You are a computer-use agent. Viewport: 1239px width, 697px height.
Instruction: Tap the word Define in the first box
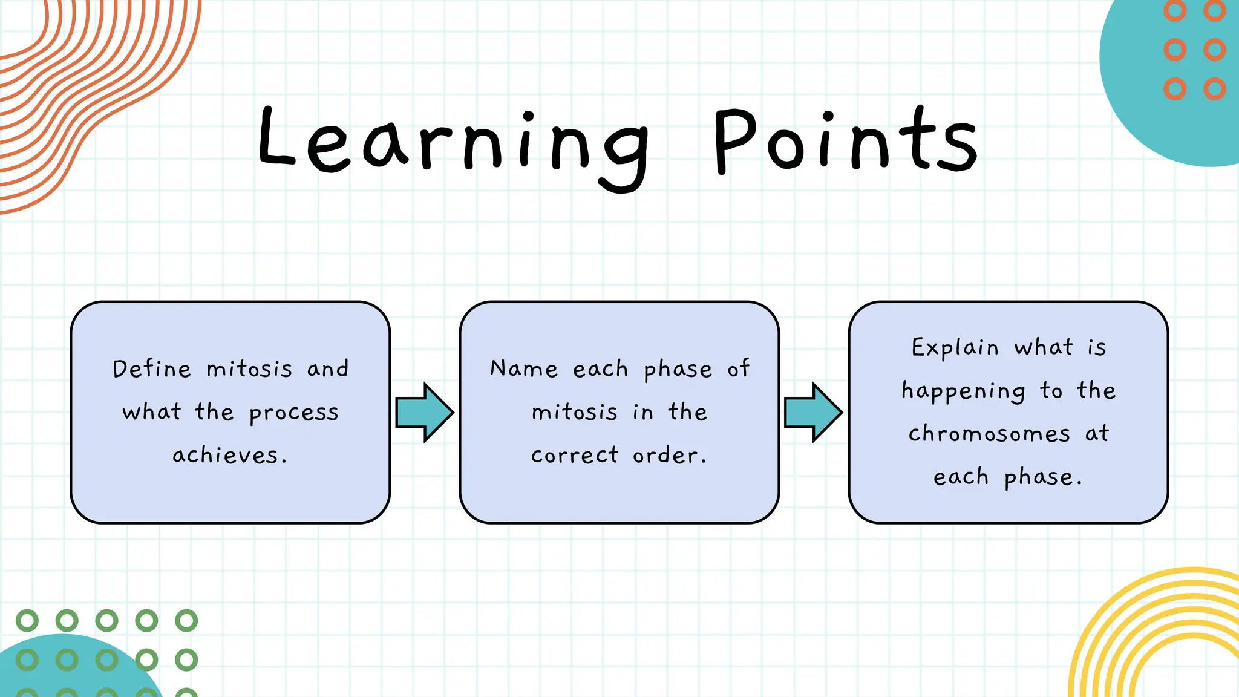tap(152, 368)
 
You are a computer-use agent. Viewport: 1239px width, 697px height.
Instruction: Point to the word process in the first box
tap(294, 413)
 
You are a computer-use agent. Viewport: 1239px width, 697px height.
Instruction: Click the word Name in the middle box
tap(524, 368)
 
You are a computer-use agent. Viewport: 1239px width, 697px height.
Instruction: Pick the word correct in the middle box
tap(575, 455)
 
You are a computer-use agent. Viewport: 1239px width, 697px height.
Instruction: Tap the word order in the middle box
tap(669, 455)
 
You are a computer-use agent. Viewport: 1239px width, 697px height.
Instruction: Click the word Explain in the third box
tap(955, 348)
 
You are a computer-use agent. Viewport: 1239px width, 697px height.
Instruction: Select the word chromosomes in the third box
tap(989, 434)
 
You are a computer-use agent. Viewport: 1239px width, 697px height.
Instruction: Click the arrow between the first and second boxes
tap(424, 412)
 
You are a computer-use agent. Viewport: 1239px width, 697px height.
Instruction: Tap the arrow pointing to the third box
tap(813, 412)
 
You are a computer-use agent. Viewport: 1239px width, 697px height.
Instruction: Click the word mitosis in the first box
tap(249, 368)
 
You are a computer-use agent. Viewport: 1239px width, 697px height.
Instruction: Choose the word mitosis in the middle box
tap(575, 412)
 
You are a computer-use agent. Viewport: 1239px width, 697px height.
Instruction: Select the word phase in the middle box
tap(678, 370)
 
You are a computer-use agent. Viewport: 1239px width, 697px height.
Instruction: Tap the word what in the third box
tap(1044, 347)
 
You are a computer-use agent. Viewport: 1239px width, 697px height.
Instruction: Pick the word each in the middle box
tap(600, 368)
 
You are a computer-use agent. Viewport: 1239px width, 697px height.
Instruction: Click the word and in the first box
tap(327, 368)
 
